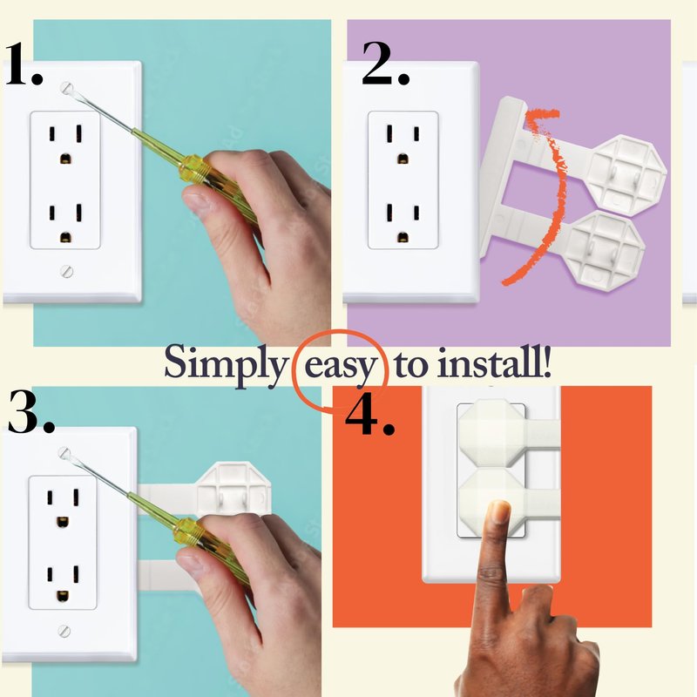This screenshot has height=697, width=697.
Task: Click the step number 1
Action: click(x=24, y=64)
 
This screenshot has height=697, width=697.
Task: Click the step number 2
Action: click(x=385, y=64)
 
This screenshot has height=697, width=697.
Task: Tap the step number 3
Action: click(x=31, y=411)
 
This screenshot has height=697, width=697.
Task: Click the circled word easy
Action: click(x=340, y=367)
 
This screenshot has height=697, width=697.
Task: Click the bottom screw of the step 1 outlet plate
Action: click(x=67, y=271)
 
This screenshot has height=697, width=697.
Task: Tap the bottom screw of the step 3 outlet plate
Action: click(x=64, y=630)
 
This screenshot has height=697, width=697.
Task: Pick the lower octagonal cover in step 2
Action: click(x=605, y=249)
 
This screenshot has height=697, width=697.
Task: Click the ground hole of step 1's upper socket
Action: click(x=65, y=159)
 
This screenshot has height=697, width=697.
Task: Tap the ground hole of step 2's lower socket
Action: click(x=403, y=237)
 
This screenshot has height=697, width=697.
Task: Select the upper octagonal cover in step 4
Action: click(x=491, y=434)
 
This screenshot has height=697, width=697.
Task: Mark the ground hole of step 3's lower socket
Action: click(x=63, y=595)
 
